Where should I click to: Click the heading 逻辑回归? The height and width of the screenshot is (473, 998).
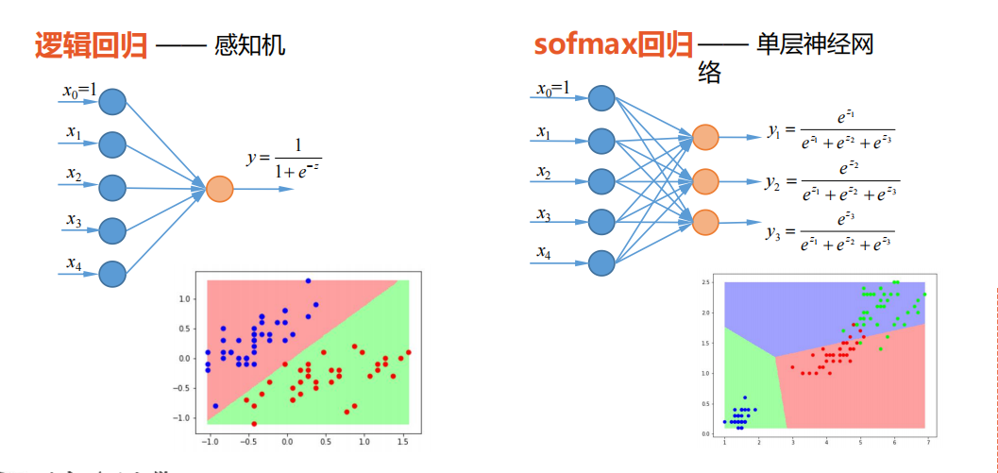coord(92,45)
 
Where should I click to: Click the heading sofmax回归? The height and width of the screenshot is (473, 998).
coord(614,44)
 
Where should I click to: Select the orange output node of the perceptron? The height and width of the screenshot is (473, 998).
coord(219,188)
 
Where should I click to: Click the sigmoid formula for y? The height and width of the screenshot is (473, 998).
coord(284,159)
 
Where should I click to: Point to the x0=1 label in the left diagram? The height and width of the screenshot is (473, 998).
coord(80,91)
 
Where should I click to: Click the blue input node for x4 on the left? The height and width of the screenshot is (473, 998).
coord(112,274)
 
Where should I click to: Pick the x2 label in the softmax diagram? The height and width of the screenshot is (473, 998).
coord(544,173)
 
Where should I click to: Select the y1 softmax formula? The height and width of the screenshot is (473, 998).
coord(829,130)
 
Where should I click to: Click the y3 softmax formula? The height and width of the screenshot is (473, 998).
coord(829,232)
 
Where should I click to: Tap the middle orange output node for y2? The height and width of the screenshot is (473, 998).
coord(705,180)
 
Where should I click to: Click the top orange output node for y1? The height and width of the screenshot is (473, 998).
coord(705,138)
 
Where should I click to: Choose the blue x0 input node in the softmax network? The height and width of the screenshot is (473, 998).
coord(601,98)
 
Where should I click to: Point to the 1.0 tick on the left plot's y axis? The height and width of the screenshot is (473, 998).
coord(185,298)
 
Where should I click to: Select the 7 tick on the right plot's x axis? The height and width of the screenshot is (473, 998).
coord(927,442)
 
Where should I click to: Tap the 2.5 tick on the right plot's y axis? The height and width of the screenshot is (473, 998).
coord(705,282)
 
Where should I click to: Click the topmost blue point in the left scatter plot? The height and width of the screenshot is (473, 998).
coord(308,280)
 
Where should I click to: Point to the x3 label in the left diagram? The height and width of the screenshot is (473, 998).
coord(73,221)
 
